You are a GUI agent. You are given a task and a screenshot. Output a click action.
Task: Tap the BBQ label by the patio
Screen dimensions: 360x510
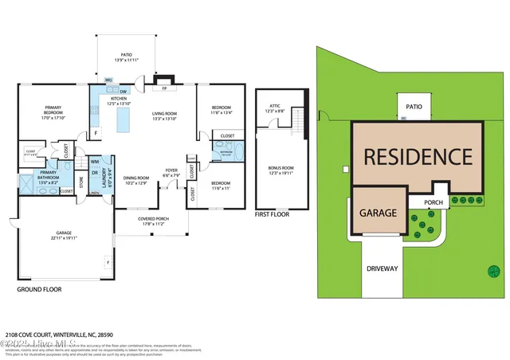[x=108, y=79]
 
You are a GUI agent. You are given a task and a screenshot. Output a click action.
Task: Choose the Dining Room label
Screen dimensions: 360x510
[x=136, y=180]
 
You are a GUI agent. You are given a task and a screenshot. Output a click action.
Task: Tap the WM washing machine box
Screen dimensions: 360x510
[x=95, y=162]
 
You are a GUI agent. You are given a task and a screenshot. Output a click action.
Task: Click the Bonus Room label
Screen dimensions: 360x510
[x=282, y=170]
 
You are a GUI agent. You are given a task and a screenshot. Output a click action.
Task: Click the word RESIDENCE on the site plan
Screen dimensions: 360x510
[x=418, y=155]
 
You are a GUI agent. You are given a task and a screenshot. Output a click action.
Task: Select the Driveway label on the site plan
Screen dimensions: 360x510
[x=382, y=268]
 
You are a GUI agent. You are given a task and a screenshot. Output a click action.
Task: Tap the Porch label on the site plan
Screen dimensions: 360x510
[x=433, y=202]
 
